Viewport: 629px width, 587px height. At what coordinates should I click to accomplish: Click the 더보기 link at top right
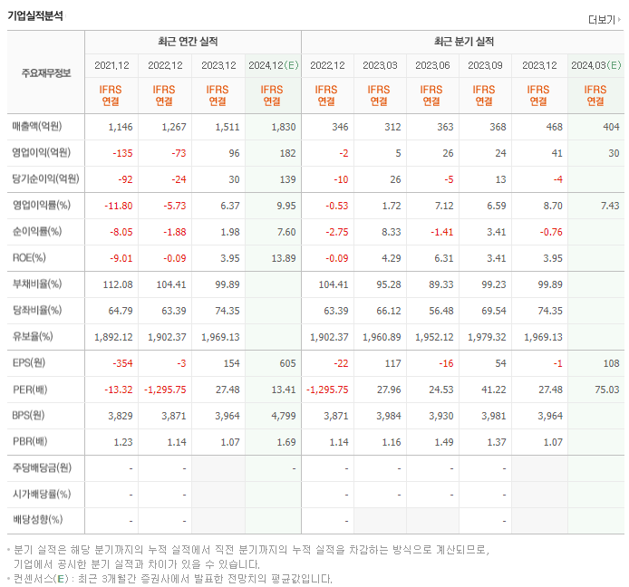coord(605,19)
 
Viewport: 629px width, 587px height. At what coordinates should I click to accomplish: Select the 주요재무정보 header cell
coord(45,72)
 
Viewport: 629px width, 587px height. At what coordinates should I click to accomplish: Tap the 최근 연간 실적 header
coord(192,42)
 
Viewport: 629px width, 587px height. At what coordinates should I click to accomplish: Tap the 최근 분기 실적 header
coord(463,42)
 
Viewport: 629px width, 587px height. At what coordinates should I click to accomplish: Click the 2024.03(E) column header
coord(595,65)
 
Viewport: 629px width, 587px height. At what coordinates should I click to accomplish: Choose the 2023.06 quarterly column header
coord(432,65)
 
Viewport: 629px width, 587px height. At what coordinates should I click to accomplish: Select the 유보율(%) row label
coord(33,337)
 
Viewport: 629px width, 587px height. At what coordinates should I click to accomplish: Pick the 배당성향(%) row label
coord(37,521)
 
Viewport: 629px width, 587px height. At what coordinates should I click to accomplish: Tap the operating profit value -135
coord(121,153)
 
